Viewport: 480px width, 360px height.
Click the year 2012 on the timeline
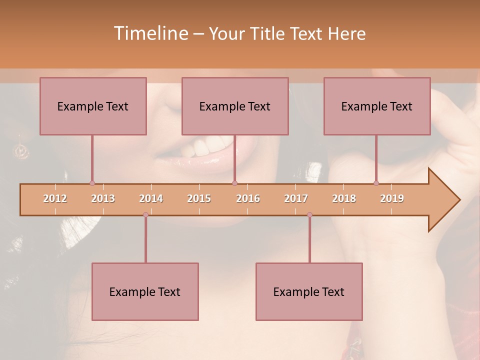[55, 198]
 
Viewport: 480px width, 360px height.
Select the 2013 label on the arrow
[103, 198]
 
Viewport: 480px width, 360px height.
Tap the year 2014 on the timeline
[151, 198]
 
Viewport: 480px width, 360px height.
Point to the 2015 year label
[199, 198]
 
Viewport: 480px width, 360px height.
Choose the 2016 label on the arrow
[248, 198]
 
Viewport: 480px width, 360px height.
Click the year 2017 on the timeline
[296, 198]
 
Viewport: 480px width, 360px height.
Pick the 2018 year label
[344, 198]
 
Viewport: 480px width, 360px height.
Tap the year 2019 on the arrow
[392, 198]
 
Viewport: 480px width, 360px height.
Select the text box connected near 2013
[93, 106]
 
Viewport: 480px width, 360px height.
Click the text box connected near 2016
[235, 106]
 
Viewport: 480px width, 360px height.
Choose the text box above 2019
[377, 106]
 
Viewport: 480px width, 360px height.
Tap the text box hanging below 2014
[145, 291]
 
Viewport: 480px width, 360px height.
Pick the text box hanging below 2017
[309, 291]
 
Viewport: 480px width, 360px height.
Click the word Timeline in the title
[150, 33]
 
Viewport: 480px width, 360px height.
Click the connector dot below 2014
[145, 215]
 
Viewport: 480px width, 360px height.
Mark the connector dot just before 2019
[376, 183]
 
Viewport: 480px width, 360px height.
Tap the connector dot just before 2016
[234, 183]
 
